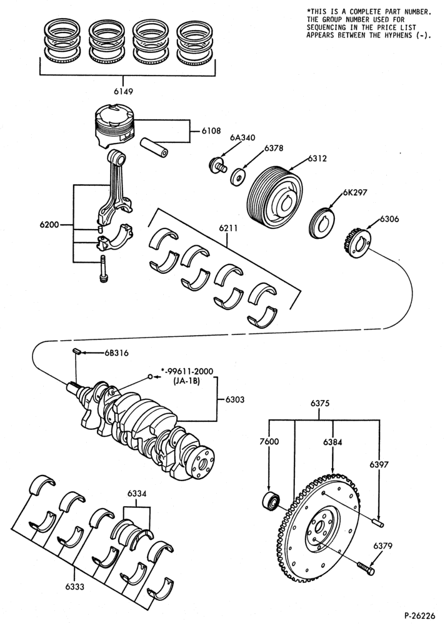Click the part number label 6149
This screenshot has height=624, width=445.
point(123,91)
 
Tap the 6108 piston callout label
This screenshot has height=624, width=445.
point(211,130)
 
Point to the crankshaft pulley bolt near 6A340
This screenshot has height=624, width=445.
point(217,165)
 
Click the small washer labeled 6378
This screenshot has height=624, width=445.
point(238,177)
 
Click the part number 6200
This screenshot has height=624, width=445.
point(49,225)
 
